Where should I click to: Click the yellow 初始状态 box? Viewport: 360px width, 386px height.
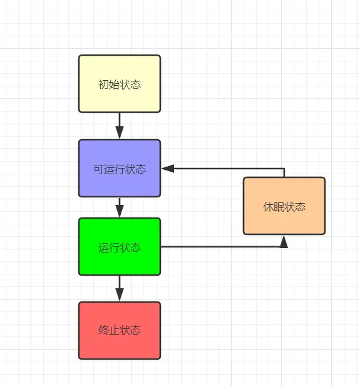point(120,84)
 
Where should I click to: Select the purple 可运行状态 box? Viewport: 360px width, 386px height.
point(120,169)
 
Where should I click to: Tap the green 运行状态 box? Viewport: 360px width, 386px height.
point(120,247)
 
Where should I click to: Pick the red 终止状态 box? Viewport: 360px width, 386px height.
point(120,330)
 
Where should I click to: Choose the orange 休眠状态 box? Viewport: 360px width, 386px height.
point(284,206)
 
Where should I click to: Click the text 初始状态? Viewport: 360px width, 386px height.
point(120,85)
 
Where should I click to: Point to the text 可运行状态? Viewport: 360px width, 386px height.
point(120,169)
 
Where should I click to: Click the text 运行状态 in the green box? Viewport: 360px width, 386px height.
point(120,248)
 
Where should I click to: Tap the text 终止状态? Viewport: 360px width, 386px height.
point(120,330)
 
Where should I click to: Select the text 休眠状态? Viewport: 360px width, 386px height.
point(284,207)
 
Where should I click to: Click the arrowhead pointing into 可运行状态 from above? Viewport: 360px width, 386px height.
point(120,133)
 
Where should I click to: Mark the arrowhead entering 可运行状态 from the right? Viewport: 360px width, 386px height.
point(168,169)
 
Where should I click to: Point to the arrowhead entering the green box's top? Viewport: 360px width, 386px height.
point(120,211)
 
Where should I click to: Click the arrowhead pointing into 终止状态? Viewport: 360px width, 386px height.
point(120,295)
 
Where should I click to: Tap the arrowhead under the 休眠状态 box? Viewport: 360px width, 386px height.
point(284,241)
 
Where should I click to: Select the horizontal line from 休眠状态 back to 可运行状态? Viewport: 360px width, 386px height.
point(229,169)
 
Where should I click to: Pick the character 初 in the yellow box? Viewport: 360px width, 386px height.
point(103,85)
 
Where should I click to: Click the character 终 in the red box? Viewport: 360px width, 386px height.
point(103,330)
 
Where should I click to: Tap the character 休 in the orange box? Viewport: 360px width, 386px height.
point(269,207)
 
